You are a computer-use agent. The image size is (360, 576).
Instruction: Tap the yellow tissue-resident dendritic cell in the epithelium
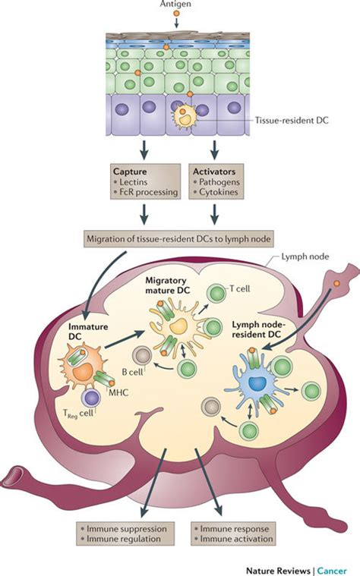184,117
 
